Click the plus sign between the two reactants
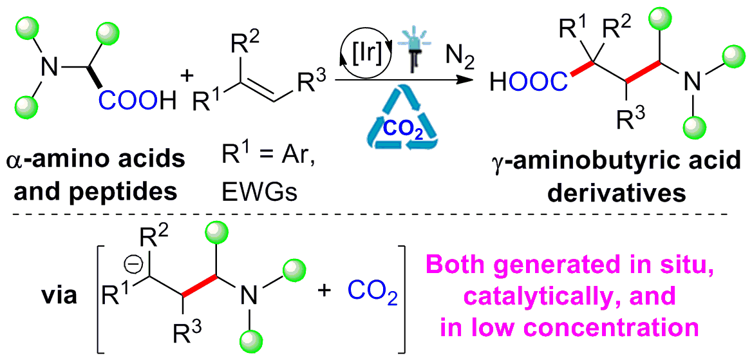[187, 77]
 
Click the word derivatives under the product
[618, 192]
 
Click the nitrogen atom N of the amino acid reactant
[44, 65]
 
